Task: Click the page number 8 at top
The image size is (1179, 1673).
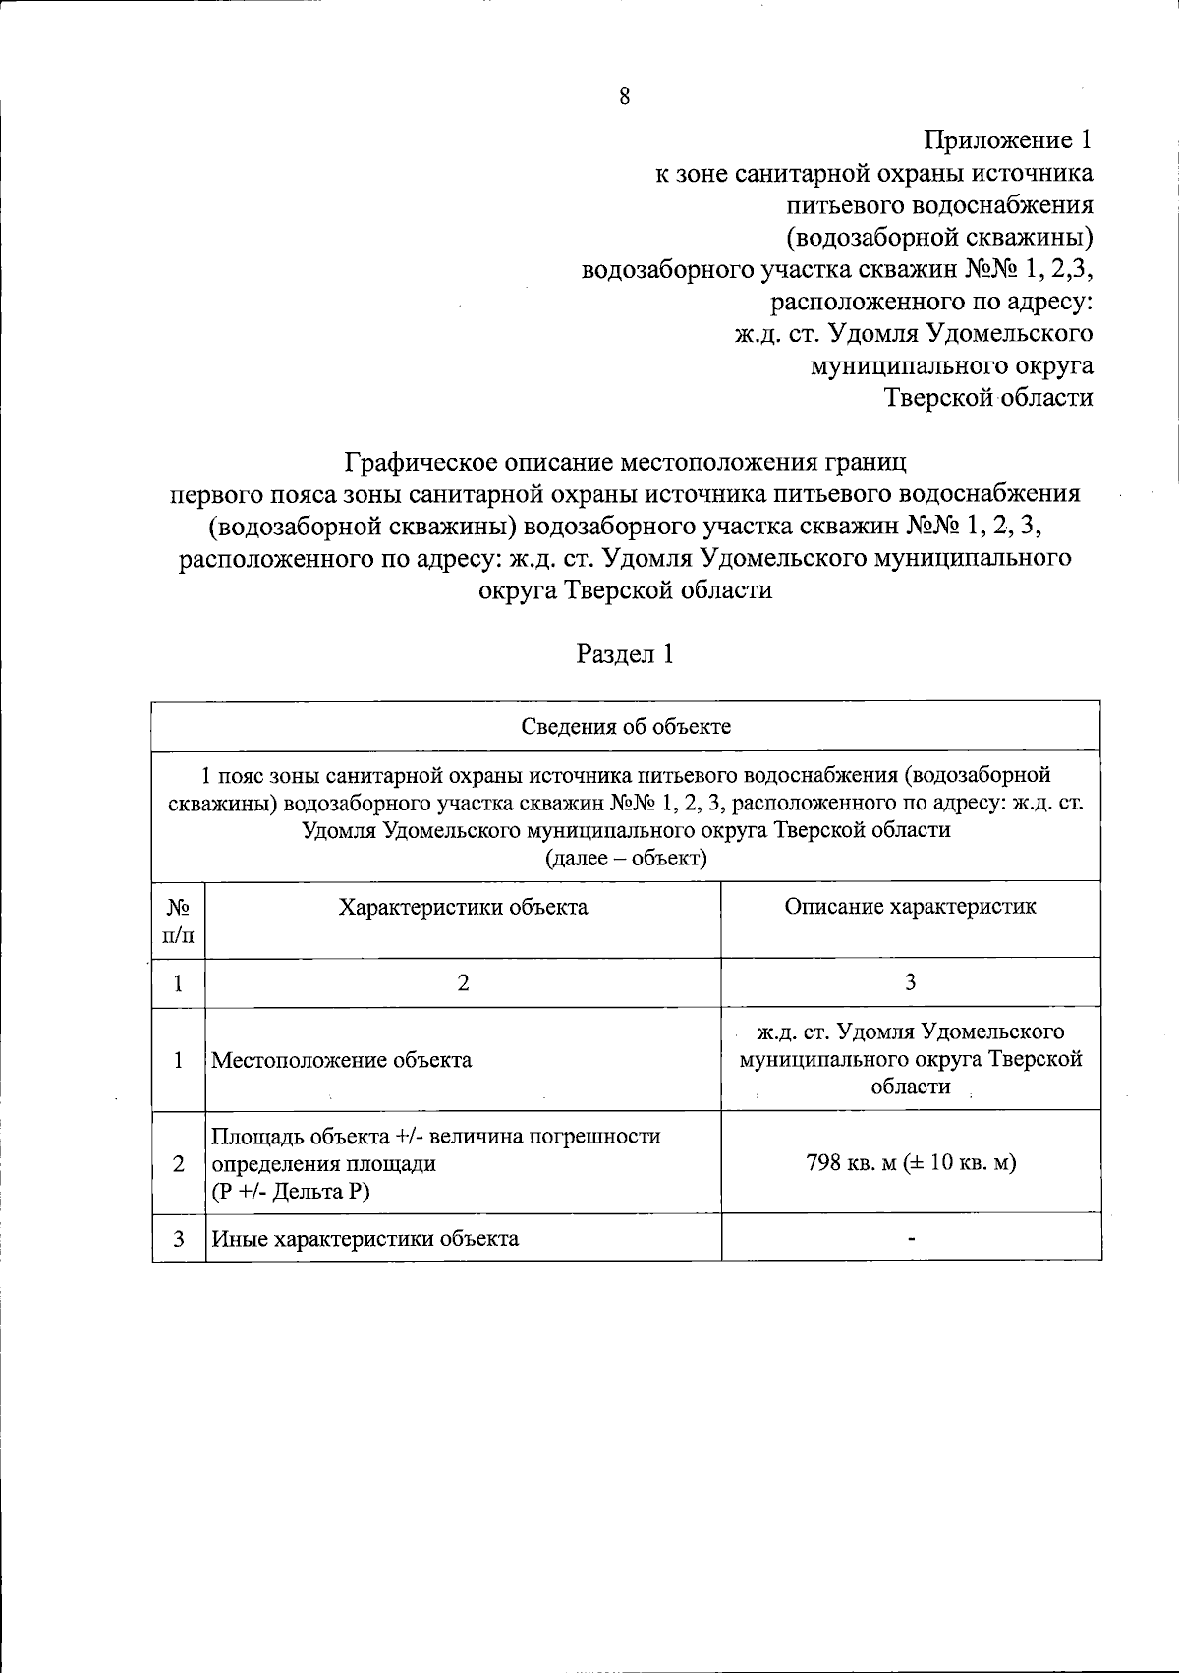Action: click(x=625, y=96)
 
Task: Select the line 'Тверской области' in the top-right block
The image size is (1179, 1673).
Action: click(x=988, y=397)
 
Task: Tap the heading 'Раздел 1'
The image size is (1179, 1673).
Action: click(x=625, y=654)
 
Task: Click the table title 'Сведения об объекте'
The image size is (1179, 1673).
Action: click(x=625, y=726)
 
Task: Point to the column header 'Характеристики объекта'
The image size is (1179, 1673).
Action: click(x=463, y=907)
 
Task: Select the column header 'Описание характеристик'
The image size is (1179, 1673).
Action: click(x=910, y=906)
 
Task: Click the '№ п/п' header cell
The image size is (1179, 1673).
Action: click(x=179, y=920)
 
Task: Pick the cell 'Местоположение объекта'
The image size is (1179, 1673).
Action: click(x=342, y=1060)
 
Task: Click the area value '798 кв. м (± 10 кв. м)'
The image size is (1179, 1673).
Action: click(x=910, y=1163)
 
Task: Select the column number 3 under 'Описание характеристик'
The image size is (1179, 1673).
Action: click(x=910, y=982)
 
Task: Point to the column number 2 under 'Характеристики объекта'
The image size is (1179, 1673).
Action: click(x=463, y=982)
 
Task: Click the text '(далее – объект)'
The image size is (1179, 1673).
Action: click(x=626, y=858)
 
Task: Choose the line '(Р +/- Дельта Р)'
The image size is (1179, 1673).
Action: click(x=292, y=1192)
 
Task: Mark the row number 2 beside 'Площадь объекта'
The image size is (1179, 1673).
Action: click(x=179, y=1163)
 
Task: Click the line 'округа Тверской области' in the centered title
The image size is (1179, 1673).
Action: click(x=625, y=590)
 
